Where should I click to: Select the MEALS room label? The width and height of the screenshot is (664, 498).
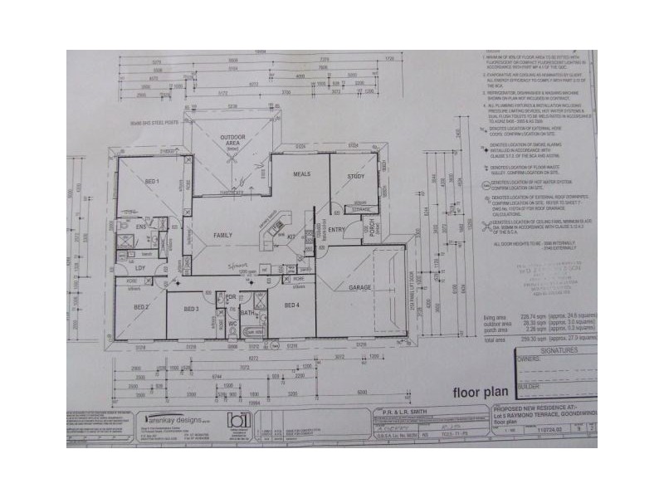coord(301,174)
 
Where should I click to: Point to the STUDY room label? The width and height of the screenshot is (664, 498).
coord(357,176)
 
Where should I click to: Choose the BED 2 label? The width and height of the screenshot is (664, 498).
coord(141,308)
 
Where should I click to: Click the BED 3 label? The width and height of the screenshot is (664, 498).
coord(191,309)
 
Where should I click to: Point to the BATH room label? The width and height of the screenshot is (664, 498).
coord(235,314)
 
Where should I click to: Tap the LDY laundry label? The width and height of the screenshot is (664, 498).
coord(142,267)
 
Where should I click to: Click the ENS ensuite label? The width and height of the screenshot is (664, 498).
coord(141,227)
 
